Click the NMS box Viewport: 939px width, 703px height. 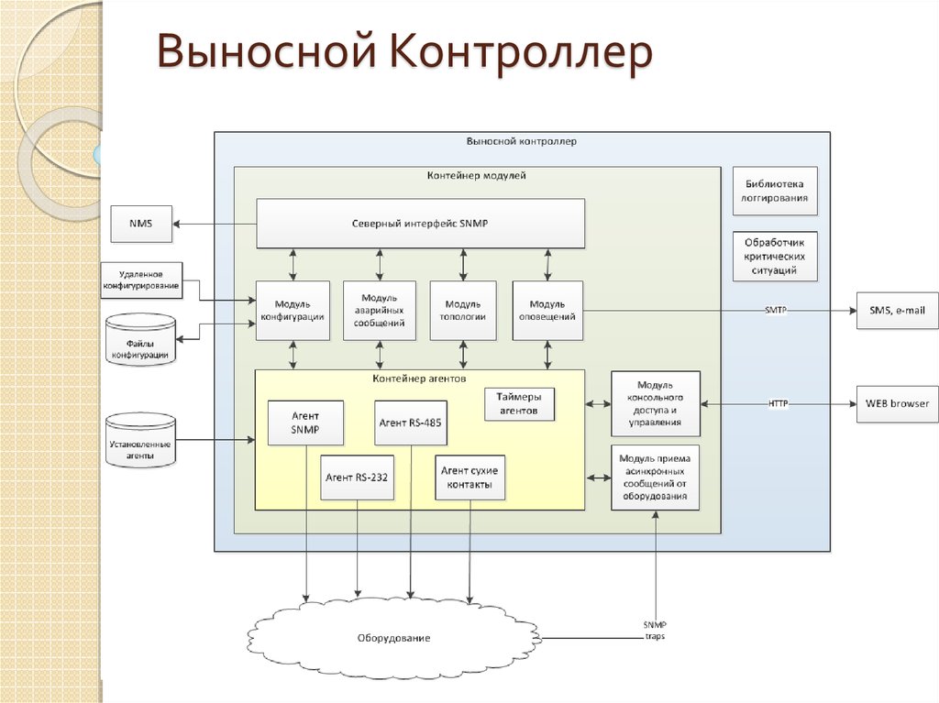tap(141, 224)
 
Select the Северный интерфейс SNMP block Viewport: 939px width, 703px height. tap(420, 224)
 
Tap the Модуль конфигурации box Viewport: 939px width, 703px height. tap(292, 311)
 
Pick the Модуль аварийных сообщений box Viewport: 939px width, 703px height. tap(379, 311)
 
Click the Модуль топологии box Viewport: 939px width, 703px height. tap(463, 311)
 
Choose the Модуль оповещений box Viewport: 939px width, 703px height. tap(547, 311)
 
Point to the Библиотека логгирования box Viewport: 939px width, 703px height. tap(776, 191)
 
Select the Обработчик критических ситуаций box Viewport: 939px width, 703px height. tap(776, 256)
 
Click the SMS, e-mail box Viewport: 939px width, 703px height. tap(898, 311)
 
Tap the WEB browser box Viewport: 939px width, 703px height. tap(897, 403)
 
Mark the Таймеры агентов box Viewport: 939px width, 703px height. tap(519, 404)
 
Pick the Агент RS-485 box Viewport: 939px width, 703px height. tap(411, 423)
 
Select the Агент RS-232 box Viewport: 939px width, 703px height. tap(358, 477)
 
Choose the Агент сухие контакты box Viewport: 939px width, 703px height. tap(470, 477)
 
